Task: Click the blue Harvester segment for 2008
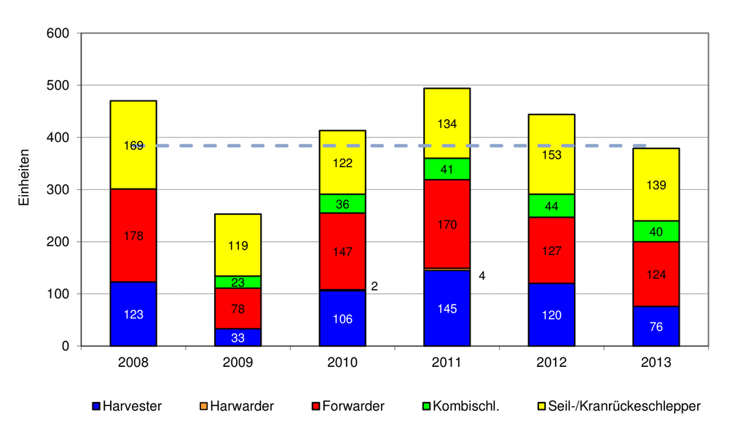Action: [x=133, y=314]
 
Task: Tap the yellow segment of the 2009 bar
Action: [x=238, y=245]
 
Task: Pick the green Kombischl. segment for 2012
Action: [x=551, y=205]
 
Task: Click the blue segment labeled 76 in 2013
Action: [x=656, y=326]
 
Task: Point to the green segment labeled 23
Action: [x=238, y=282]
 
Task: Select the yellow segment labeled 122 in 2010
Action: [x=342, y=162]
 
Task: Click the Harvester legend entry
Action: [x=127, y=406]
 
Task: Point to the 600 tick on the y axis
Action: [x=58, y=33]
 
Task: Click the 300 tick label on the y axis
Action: [x=58, y=190]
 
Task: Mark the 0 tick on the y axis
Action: [x=65, y=347]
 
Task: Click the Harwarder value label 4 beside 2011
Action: [x=482, y=276]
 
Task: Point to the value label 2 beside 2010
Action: [x=374, y=287]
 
